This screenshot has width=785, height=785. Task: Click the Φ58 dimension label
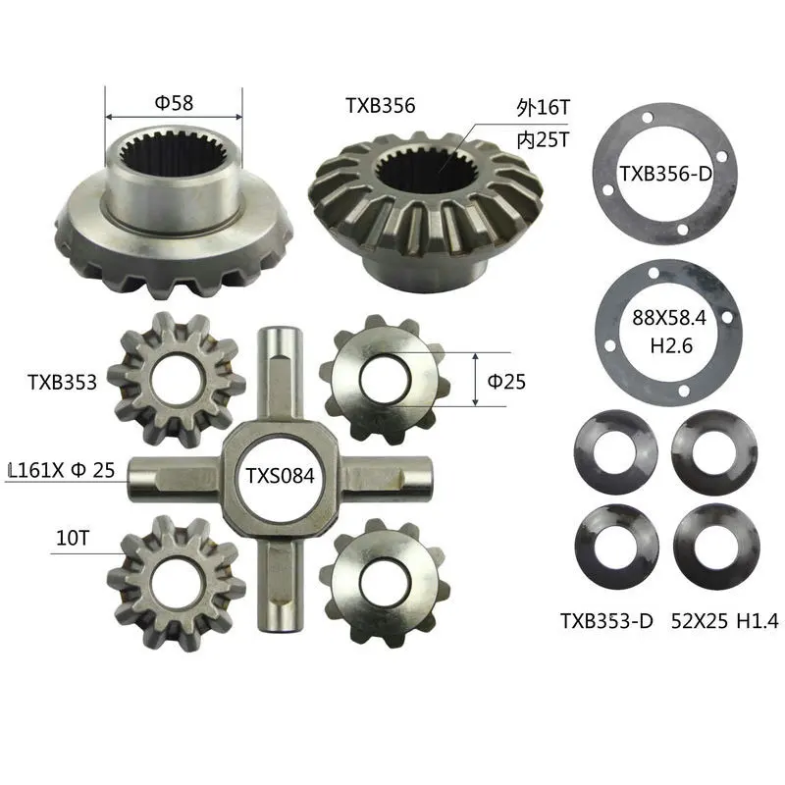click(174, 100)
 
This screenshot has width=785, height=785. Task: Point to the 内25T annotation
click(542, 140)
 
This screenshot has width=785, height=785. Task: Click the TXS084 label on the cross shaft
click(280, 477)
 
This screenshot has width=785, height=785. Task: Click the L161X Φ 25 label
click(61, 470)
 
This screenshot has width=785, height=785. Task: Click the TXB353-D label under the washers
click(606, 619)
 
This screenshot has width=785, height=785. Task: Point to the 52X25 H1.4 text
click(725, 619)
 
